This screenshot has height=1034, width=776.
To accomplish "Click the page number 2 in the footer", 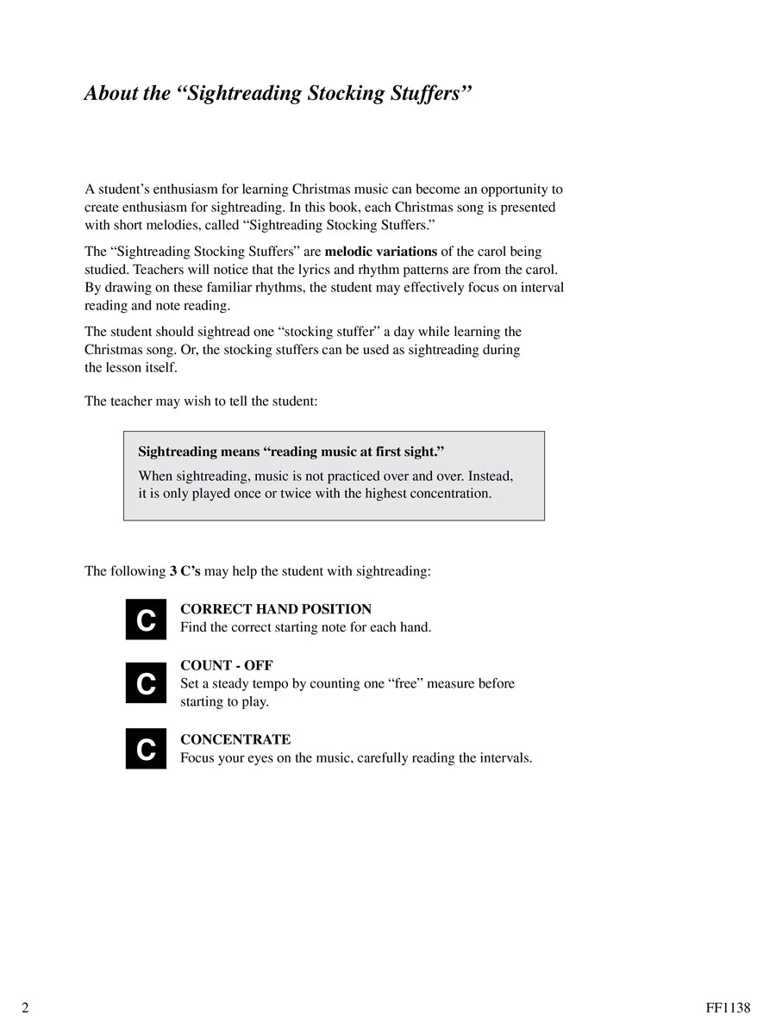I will click(x=26, y=1007).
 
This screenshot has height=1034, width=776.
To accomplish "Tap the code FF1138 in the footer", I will click(x=728, y=1007).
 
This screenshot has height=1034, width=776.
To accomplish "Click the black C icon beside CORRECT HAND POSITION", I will click(x=146, y=619).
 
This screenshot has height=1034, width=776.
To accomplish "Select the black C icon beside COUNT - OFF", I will click(x=146, y=683).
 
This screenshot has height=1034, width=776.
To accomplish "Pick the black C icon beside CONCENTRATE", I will click(x=146, y=749).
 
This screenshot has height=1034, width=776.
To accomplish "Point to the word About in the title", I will click(x=109, y=93).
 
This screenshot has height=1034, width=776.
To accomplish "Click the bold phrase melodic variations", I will click(x=381, y=252).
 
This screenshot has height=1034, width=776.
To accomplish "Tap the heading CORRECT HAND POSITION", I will click(x=276, y=609).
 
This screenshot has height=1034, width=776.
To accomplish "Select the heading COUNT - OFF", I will click(x=227, y=665).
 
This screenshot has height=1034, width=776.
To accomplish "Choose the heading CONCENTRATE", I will click(x=235, y=739).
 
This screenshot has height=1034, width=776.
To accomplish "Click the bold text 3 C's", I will click(x=185, y=570).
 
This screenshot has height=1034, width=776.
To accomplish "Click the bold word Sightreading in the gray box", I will click(x=179, y=452).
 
